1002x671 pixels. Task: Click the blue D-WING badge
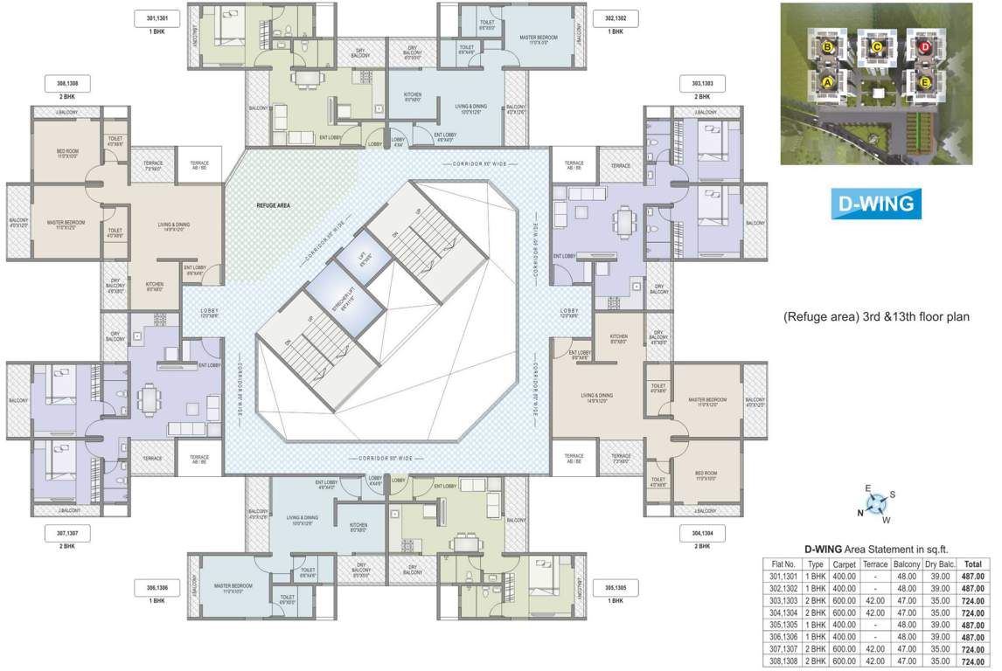pos(875,204)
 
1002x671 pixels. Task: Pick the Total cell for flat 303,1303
pos(974,601)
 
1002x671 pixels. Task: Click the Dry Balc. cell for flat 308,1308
pos(937,661)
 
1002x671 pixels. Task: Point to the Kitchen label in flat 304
pos(618,338)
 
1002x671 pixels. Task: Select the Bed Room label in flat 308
pos(67,154)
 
